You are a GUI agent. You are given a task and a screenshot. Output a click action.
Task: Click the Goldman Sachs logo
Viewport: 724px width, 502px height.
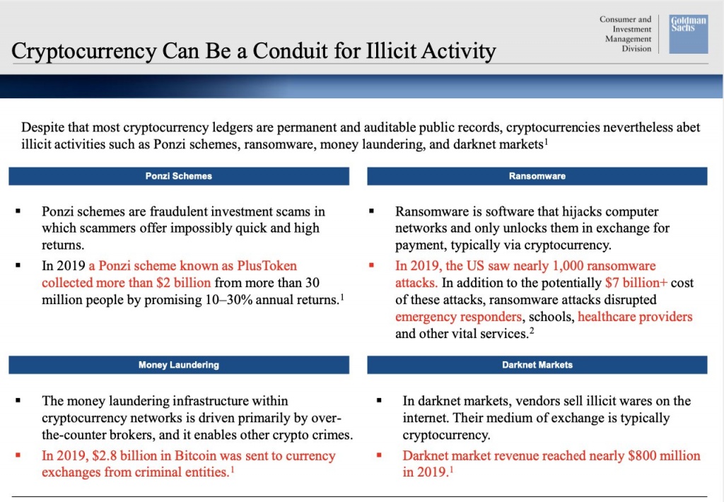click(x=688, y=33)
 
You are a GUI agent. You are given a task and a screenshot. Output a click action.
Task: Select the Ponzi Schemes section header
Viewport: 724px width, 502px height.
click(x=179, y=176)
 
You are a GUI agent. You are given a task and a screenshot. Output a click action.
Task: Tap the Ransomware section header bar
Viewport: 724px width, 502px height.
click(x=537, y=176)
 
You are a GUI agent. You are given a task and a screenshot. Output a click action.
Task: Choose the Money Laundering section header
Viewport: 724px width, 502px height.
click(x=179, y=365)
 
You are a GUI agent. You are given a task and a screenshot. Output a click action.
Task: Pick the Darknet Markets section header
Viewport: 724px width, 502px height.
click(x=537, y=365)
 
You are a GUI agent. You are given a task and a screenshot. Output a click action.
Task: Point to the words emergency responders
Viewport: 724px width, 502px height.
click(x=459, y=317)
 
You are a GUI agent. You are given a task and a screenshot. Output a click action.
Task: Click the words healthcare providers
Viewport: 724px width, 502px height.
click(x=635, y=317)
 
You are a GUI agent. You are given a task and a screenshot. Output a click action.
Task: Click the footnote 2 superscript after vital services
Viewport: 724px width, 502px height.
click(x=531, y=329)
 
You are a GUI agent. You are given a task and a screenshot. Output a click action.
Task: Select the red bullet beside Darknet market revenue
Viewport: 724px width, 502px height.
click(x=379, y=455)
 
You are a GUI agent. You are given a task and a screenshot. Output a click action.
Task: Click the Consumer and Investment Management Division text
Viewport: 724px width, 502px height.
click(x=625, y=34)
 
